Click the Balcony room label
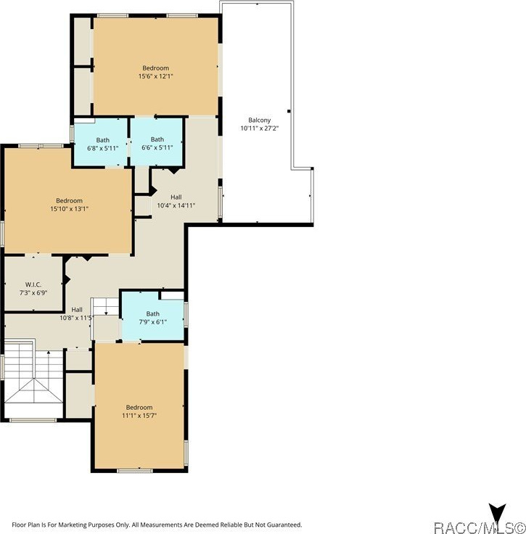pyautogui.click(x=260, y=120)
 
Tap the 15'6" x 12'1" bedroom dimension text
pyautogui.click(x=155, y=76)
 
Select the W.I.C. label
pyautogui.click(x=33, y=284)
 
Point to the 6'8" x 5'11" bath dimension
pyautogui.click(x=103, y=148)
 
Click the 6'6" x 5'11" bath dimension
pyautogui.click(x=157, y=147)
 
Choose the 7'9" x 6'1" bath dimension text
pyautogui.click(x=153, y=322)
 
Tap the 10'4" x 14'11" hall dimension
pyautogui.click(x=176, y=205)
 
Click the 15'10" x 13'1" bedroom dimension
pyautogui.click(x=70, y=209)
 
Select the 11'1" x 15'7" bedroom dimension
pyautogui.click(x=139, y=416)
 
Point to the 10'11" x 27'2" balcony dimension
pyautogui.click(x=260, y=128)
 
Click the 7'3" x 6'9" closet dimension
pyautogui.click(x=33, y=292)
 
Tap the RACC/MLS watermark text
pyautogui.click(x=480, y=528)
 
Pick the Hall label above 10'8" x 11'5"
pyautogui.click(x=77, y=310)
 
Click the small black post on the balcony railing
pyautogui.click(x=289, y=111)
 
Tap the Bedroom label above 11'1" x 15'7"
pyautogui.click(x=139, y=407)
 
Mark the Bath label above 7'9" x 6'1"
pyautogui.click(x=153, y=313)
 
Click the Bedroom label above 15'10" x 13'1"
pyautogui.click(x=70, y=200)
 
